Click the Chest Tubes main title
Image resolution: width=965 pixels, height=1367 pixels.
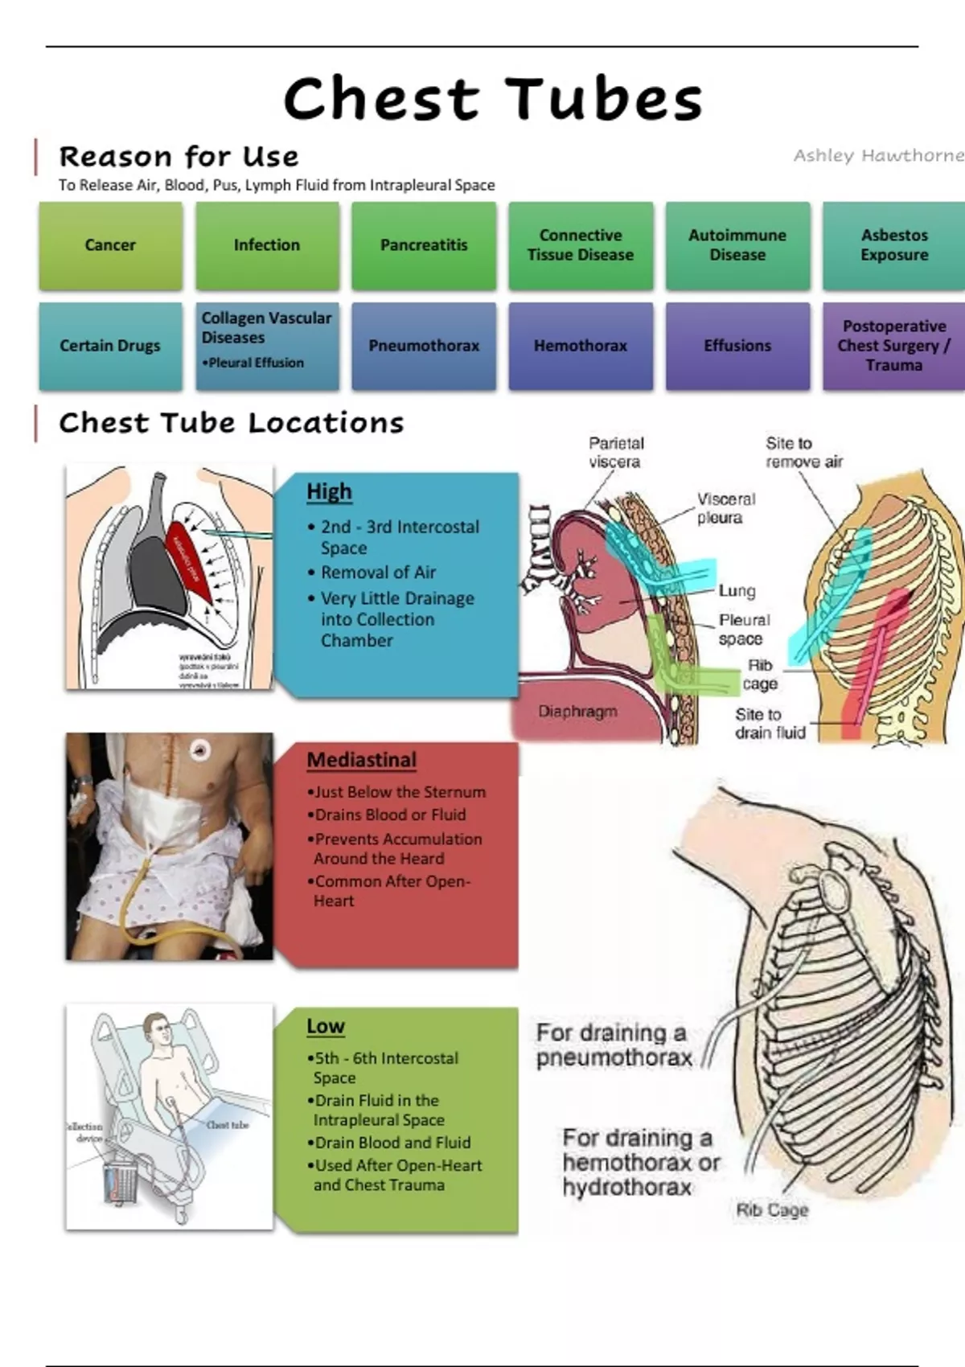click(x=493, y=99)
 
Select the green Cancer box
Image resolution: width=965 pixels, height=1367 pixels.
click(x=110, y=245)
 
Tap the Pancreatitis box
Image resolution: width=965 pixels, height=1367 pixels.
click(x=424, y=245)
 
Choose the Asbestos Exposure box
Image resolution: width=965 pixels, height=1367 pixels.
click(x=894, y=245)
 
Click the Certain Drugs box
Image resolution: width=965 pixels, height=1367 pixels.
click(x=110, y=346)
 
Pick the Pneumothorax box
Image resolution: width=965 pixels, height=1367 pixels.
click(x=424, y=346)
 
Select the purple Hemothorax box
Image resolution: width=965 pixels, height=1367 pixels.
click(x=581, y=346)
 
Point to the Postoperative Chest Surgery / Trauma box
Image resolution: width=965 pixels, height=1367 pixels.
click(x=894, y=346)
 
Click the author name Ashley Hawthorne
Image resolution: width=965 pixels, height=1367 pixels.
click(x=878, y=155)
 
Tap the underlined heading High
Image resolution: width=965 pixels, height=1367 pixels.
click(x=329, y=491)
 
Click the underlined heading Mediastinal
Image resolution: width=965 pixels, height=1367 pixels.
click(x=361, y=760)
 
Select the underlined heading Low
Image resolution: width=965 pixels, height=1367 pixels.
click(x=325, y=1027)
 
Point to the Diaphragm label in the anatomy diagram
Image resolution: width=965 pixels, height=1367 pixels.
click(x=578, y=712)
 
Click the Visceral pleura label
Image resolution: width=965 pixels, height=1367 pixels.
click(x=725, y=508)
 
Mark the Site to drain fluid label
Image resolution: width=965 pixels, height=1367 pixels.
click(x=770, y=724)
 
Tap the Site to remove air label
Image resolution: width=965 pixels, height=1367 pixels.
click(x=803, y=453)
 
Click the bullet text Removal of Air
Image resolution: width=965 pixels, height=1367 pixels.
click(x=378, y=573)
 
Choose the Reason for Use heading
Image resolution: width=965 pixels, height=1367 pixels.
click(x=179, y=156)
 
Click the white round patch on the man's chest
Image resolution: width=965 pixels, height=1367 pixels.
click(x=199, y=751)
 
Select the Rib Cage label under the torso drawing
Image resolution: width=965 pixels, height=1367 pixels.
click(x=772, y=1209)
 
